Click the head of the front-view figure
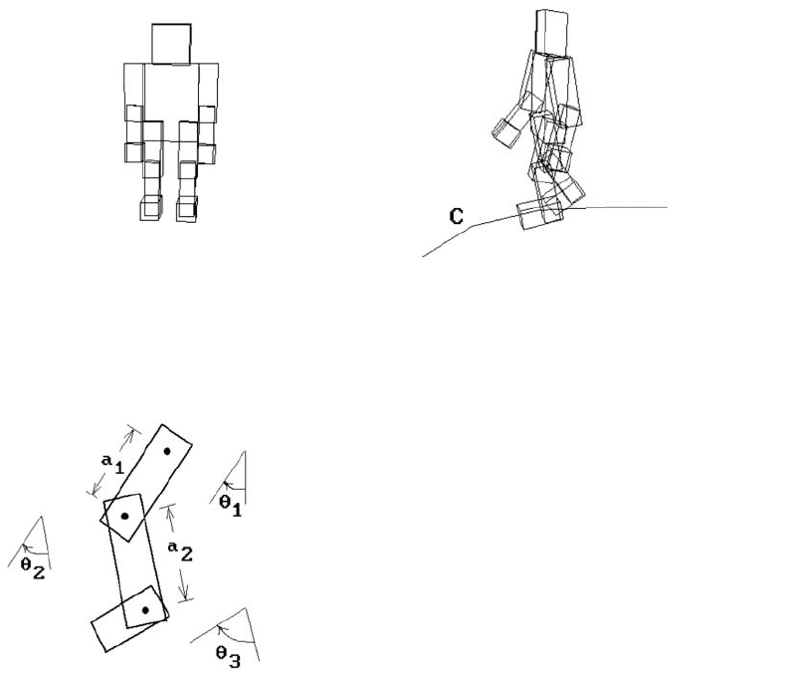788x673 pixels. [171, 44]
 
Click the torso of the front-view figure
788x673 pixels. [171, 102]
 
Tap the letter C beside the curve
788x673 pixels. [457, 216]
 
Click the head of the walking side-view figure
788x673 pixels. [552, 32]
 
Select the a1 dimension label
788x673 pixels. [112, 463]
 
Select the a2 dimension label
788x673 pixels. [180, 552]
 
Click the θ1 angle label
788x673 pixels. [231, 506]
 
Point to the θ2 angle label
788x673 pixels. [33, 568]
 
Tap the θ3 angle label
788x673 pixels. [228, 657]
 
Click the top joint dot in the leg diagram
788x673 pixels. [167, 451]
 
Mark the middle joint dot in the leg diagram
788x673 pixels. [124, 516]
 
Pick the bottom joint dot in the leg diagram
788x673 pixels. [145, 610]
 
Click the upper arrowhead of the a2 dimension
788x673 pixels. [169, 512]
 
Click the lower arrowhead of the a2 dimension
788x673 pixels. [184, 591]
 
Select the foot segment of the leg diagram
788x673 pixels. [129, 619]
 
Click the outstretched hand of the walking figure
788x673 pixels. [506, 132]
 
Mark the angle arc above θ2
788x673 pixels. [35, 550]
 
